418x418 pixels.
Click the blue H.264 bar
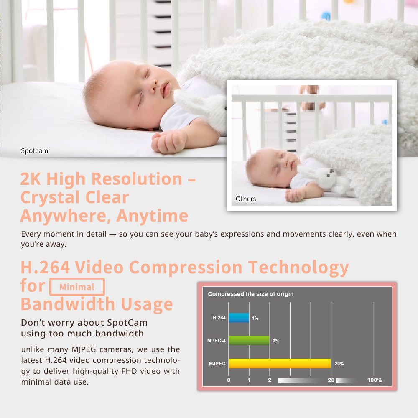coord(239,318)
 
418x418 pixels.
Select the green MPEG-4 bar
coord(249,340)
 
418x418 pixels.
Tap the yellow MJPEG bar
coord(280,363)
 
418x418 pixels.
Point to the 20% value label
coord(339,364)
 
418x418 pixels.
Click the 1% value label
coord(255,318)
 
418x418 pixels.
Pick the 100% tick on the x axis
coord(375,380)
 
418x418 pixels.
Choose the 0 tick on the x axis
coord(229,380)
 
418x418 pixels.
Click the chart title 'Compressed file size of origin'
coord(251,294)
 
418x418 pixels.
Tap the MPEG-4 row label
coord(217,341)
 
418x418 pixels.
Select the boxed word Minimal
coord(77,287)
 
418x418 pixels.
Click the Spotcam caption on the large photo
coord(34,150)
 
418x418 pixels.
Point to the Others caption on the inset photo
coord(246,199)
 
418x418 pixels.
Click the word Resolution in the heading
coord(137,179)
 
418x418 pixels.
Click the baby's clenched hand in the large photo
coord(167,142)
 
